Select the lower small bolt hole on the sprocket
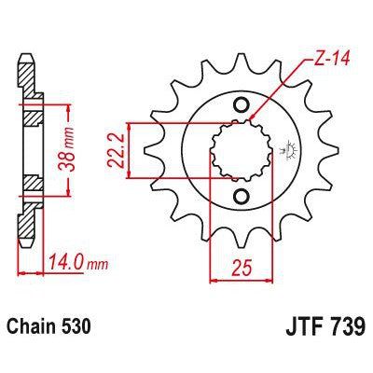(x=241, y=193)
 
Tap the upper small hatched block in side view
(x=31, y=117)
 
